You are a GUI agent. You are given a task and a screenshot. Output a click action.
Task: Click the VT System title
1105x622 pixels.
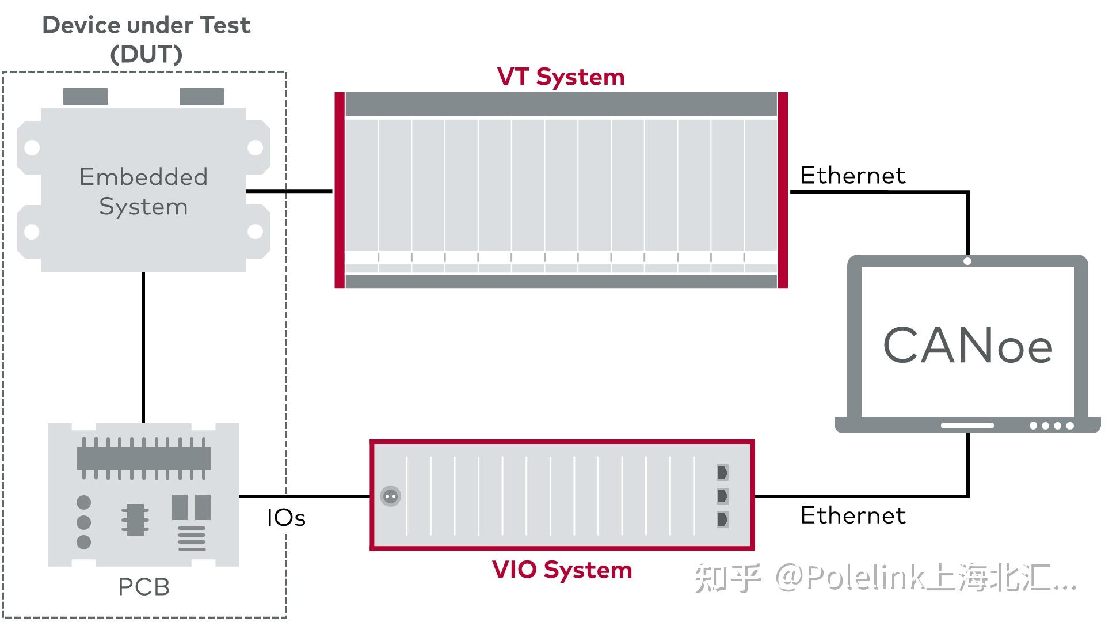tap(561, 77)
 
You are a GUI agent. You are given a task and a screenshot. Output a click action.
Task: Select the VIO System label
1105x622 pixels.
tap(562, 570)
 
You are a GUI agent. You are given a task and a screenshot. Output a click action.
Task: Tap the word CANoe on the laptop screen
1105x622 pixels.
tap(967, 346)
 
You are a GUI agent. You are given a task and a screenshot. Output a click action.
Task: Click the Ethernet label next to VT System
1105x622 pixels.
tap(852, 176)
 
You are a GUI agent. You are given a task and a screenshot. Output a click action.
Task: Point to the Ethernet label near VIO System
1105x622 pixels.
tap(852, 515)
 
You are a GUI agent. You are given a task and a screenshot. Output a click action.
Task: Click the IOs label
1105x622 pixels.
tap(286, 518)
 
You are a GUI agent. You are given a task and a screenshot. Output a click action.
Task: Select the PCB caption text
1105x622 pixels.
tap(143, 587)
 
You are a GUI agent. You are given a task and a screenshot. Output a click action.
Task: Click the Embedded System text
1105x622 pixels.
tap(143, 192)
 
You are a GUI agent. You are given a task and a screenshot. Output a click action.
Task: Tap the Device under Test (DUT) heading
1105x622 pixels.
tap(146, 39)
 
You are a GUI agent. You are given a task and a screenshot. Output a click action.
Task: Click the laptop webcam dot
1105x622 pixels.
tap(967, 261)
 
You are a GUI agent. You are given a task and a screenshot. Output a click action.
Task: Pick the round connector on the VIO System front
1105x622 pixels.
tap(391, 496)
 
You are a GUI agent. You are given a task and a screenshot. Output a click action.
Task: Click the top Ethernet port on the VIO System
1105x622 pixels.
tap(722, 473)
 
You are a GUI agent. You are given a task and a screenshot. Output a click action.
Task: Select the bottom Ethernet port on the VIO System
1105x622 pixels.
tap(722, 519)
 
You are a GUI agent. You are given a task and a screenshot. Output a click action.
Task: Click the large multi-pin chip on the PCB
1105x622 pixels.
tap(143, 458)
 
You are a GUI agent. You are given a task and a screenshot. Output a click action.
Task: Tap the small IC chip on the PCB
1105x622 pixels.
tap(135, 519)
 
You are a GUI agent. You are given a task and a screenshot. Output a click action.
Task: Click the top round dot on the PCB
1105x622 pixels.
tap(84, 502)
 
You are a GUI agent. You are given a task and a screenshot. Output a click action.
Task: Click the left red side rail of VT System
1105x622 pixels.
tap(340, 190)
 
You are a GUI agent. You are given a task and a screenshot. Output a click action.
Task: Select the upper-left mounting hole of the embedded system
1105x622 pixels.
tap(32, 148)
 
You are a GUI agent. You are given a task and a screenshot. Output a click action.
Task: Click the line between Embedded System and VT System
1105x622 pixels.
tap(289, 191)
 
